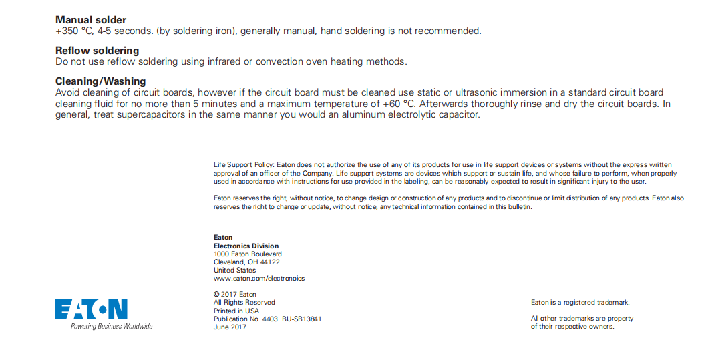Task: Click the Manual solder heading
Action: click(x=91, y=20)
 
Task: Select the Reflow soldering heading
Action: click(x=97, y=51)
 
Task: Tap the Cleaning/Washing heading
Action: click(x=100, y=81)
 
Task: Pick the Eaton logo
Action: click(x=91, y=309)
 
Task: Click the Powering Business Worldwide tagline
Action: click(x=112, y=326)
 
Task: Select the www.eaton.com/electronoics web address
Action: click(x=258, y=279)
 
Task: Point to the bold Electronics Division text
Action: click(x=246, y=246)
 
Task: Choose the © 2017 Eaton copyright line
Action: click(x=234, y=295)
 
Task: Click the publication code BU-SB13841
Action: click(x=301, y=319)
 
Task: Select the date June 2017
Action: click(x=230, y=327)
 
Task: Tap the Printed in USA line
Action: click(x=236, y=311)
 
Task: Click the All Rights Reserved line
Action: click(x=244, y=303)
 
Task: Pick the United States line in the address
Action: click(x=234, y=271)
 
